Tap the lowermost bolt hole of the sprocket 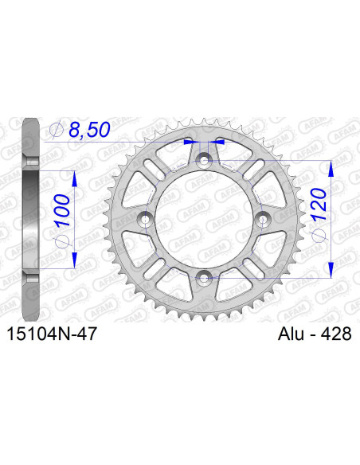205,277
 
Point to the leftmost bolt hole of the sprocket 147,220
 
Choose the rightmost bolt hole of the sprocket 263,220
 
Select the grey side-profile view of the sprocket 30,220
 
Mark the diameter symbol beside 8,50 56,129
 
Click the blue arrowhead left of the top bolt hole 190,142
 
